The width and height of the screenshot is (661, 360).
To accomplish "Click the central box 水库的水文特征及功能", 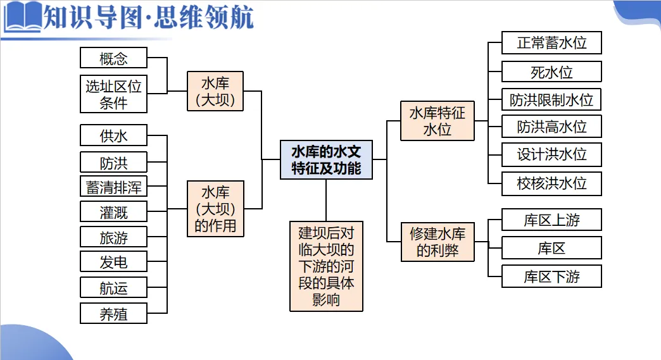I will click(326, 159).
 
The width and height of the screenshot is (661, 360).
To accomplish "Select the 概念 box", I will click(114, 58).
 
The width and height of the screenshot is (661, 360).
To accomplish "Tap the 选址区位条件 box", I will click(114, 94).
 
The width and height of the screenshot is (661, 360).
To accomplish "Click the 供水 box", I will click(114, 135).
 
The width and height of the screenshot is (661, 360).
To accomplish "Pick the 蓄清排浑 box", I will click(114, 187).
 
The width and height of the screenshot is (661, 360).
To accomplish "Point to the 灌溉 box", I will click(114, 212).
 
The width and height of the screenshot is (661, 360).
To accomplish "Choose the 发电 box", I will click(114, 261).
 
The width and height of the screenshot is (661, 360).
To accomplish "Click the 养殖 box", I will click(114, 313).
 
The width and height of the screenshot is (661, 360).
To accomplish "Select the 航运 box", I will click(114, 288).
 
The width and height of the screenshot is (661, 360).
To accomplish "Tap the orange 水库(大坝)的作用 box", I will click(215, 209).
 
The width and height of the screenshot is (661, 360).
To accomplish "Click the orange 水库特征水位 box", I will click(437, 121).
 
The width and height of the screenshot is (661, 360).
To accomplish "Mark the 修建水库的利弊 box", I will click(437, 242).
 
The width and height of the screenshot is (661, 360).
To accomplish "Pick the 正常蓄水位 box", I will click(551, 43).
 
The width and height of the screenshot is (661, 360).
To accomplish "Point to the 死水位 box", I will click(551, 72).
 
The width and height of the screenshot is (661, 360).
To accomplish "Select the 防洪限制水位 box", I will click(551, 100).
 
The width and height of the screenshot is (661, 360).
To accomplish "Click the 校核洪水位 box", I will click(551, 183).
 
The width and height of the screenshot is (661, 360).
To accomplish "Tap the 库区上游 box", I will click(551, 220).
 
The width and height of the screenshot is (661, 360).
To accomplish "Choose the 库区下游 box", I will click(551, 276).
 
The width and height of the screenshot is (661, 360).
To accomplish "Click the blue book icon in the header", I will click(22, 17).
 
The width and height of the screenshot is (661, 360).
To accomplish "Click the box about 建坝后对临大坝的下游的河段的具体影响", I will click(326, 266).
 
